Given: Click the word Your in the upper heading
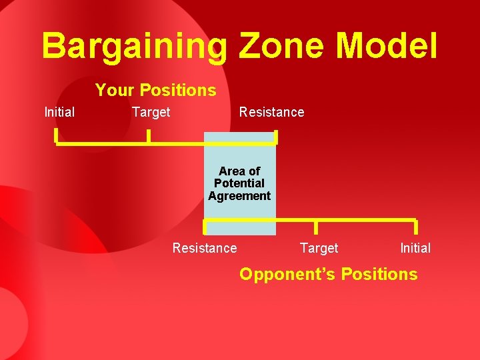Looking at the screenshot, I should (115, 90).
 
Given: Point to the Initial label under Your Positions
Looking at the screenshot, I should (59, 112).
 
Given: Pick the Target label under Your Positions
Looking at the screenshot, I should (151, 112).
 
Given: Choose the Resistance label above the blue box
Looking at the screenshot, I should (271, 112).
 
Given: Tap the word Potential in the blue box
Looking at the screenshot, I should (239, 183).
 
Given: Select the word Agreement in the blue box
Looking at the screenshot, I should (239, 196).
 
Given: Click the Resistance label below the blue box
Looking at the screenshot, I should (205, 248).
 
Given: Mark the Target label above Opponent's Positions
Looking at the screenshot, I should (319, 248).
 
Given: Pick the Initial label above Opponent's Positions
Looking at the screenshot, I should (415, 248).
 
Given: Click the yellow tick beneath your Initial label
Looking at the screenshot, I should (57, 137).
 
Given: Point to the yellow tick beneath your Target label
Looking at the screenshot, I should (148, 137).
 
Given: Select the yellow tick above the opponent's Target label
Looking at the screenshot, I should (315, 226).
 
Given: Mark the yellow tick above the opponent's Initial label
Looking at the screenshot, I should (415, 227).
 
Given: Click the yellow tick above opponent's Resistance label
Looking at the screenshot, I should (205, 227).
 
